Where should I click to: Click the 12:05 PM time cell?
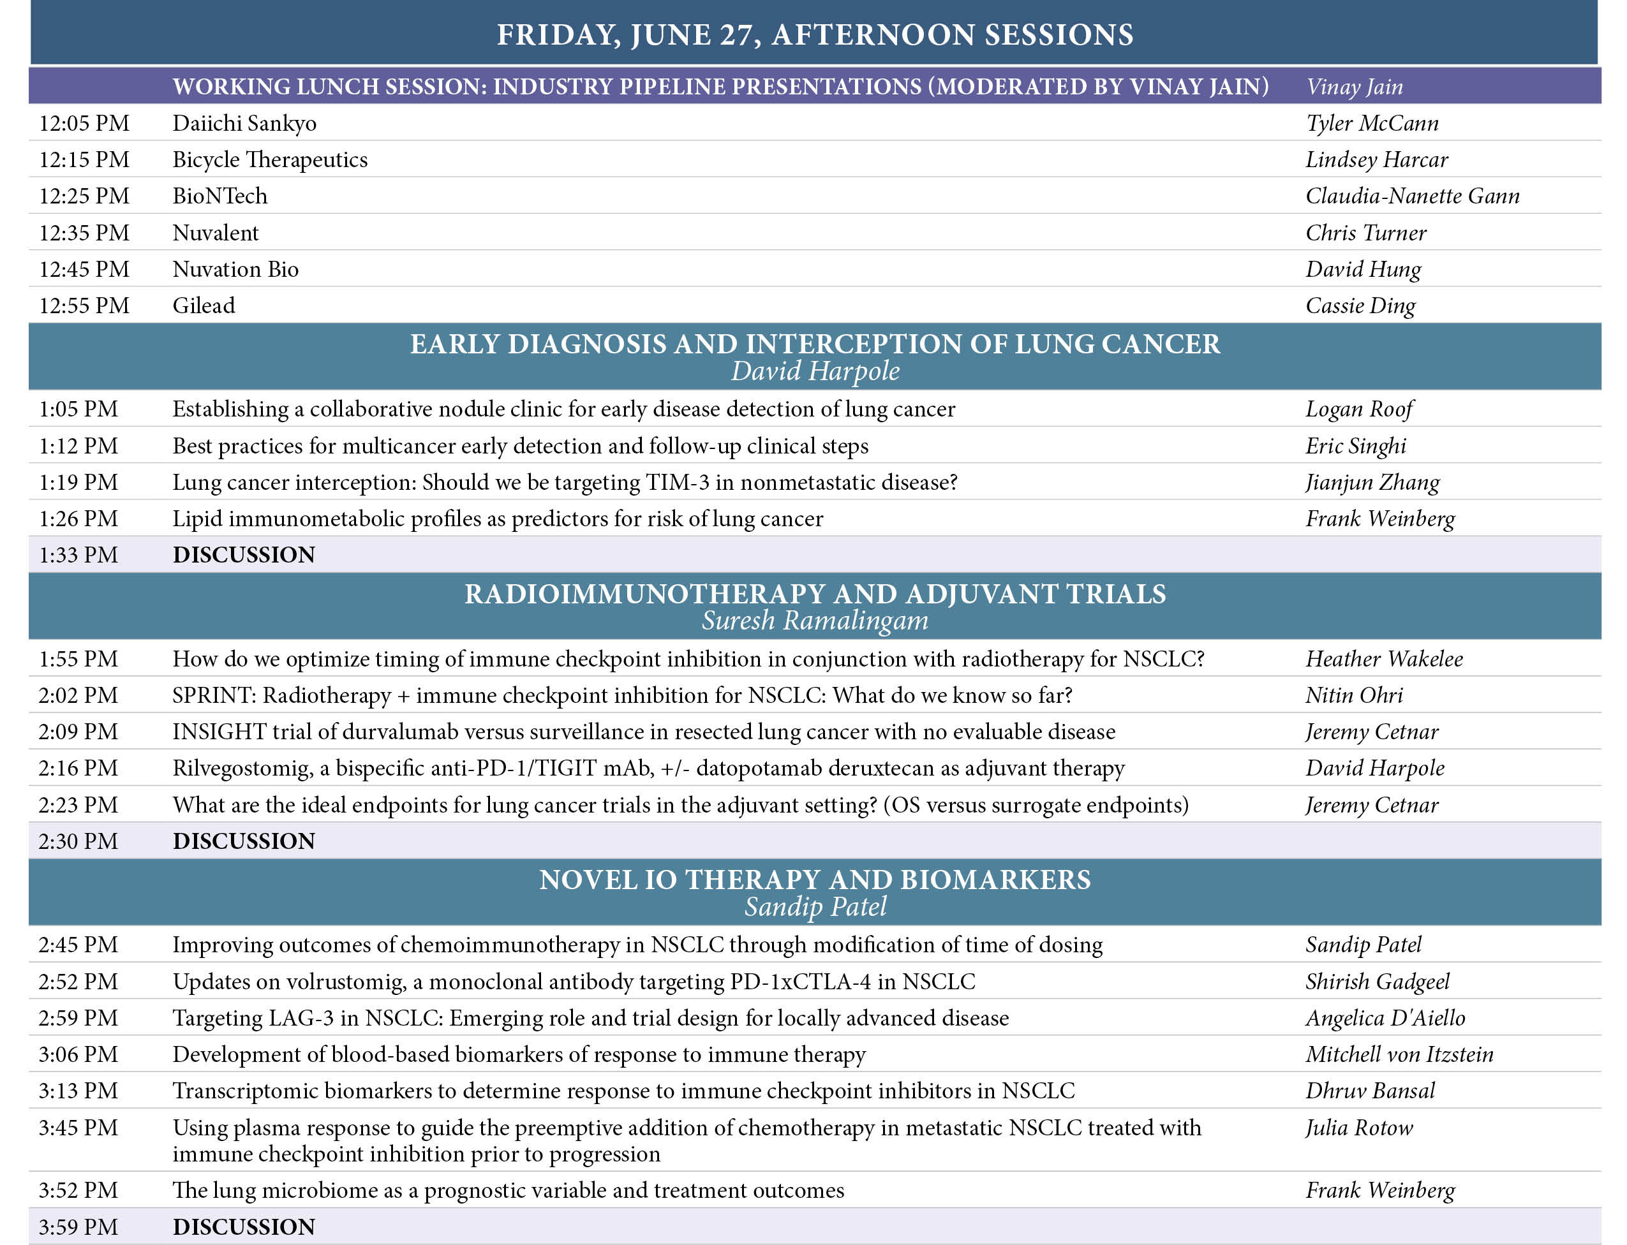(x=84, y=123)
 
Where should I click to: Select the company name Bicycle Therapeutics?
(x=270, y=159)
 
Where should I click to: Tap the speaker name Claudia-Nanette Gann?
(x=1412, y=196)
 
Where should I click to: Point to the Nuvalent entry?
(x=216, y=233)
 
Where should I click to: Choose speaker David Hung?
(x=1363, y=269)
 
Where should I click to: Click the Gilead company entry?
(x=204, y=306)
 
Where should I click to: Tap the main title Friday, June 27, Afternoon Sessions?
(x=815, y=35)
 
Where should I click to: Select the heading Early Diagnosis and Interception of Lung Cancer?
(x=815, y=344)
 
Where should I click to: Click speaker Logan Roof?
(x=1358, y=409)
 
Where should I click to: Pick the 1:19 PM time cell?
(x=78, y=482)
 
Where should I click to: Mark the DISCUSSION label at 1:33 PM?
(x=244, y=555)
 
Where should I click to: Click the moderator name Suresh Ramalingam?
(x=815, y=621)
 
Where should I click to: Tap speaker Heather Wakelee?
(x=1384, y=659)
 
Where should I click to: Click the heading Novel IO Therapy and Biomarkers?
(x=815, y=880)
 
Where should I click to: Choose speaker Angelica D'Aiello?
(x=1385, y=1018)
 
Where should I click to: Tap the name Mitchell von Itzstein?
(x=1399, y=1054)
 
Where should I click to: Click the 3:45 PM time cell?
(x=78, y=1128)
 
